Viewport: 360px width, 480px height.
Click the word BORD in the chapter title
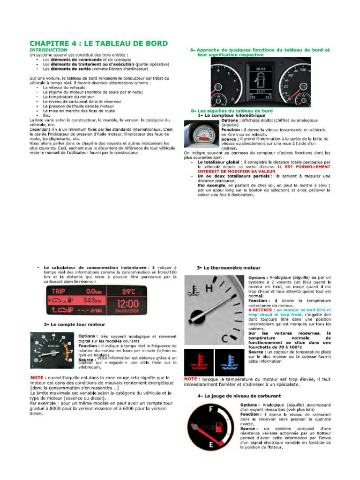click(152, 44)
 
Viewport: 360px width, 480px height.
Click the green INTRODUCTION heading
click(49, 50)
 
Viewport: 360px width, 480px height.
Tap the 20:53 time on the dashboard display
click(261, 68)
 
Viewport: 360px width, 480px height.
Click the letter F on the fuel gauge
click(212, 409)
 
